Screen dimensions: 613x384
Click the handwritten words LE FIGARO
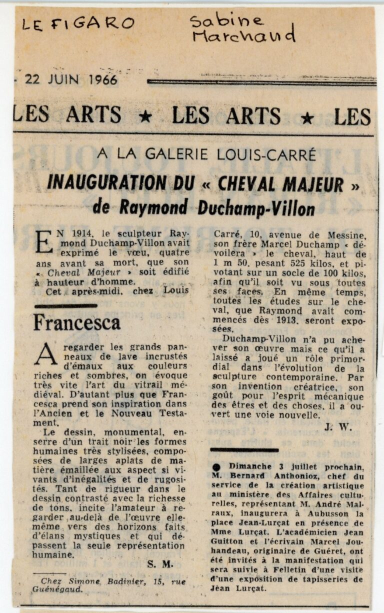coord(78,23)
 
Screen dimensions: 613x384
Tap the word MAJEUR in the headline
coord(313,184)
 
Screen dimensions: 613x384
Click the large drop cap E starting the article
coord(44,240)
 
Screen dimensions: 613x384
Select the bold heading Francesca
coord(76,322)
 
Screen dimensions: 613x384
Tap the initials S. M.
coord(160,564)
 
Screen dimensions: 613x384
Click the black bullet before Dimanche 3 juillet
coord(216,467)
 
